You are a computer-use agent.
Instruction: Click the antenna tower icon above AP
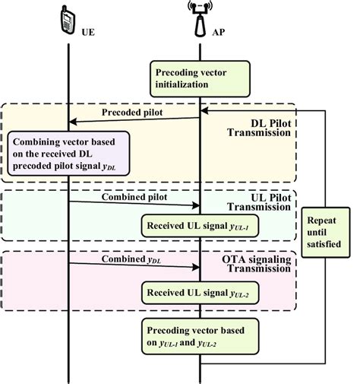coord(201,18)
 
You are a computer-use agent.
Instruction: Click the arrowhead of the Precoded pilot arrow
coord(72,121)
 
